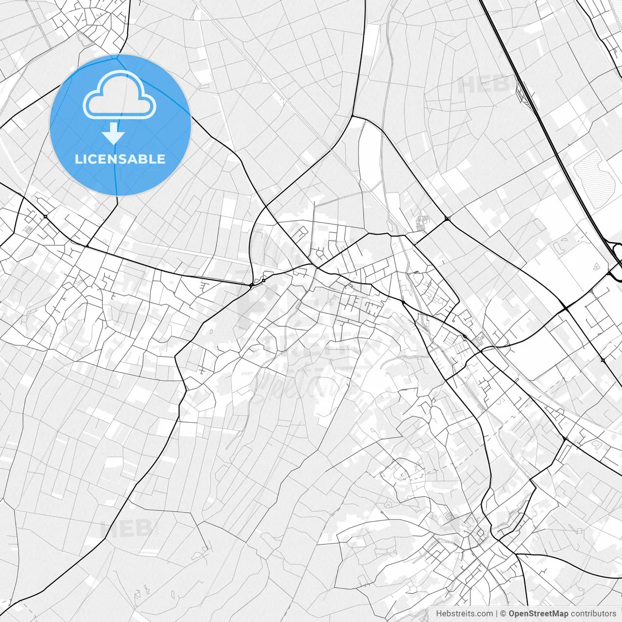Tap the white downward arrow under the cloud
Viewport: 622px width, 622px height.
pos(114,134)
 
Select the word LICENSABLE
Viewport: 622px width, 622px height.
pos(120,159)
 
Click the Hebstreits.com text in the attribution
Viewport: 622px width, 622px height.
pos(464,614)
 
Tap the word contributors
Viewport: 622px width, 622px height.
pos(593,614)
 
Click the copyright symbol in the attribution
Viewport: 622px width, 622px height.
pos(503,614)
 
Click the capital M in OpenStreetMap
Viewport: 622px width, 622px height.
pos(560,614)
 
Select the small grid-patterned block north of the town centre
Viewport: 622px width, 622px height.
pos(420,224)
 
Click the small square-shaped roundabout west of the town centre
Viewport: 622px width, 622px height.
pos(263,280)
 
